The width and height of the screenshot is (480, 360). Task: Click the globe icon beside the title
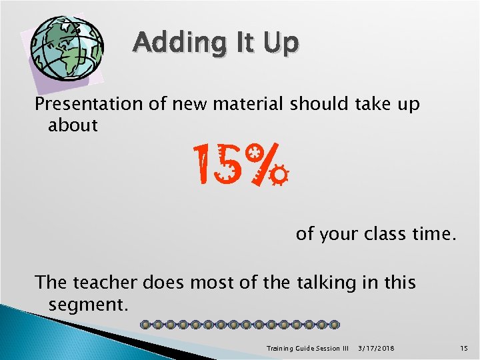coord(67,48)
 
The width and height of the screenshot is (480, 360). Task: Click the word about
coord(73,125)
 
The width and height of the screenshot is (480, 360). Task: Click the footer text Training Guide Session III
coord(307,348)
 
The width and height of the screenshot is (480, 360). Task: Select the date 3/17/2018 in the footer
coord(375,348)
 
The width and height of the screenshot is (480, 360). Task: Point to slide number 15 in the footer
coord(465,348)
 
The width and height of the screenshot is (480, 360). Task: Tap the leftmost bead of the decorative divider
coord(147,325)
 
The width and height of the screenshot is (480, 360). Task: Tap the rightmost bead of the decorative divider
coord(334,325)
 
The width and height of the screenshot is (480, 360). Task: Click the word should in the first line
coord(315,105)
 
